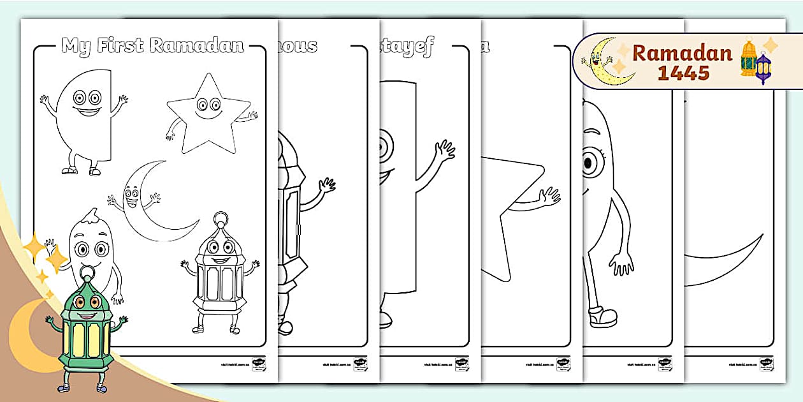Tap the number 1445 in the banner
684,73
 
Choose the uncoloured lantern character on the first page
220,274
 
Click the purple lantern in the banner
763,68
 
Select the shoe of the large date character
603,316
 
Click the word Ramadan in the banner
682,52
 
